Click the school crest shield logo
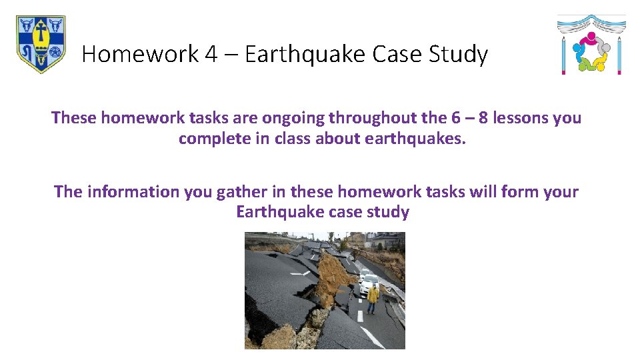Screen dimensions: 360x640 coord(41,44)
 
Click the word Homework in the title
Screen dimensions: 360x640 coord(140,54)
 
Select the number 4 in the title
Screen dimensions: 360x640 coord(211,54)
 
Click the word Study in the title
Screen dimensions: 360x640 coord(459,54)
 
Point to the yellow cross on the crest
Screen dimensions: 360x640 coord(41,31)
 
